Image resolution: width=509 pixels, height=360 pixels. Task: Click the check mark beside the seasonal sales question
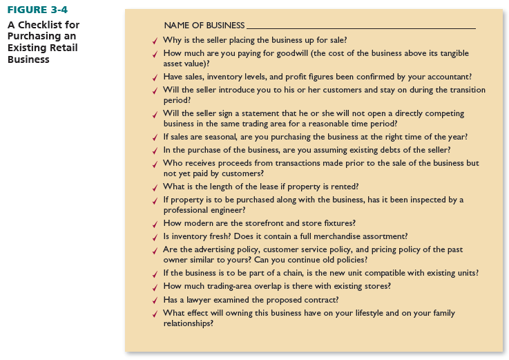click(x=155, y=138)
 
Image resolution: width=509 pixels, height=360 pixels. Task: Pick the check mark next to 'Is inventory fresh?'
click(x=155, y=237)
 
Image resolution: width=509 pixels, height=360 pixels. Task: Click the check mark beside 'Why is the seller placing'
click(x=155, y=41)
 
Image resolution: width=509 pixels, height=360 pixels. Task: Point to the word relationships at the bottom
click(x=188, y=323)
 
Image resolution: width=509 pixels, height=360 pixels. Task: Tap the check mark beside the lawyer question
click(x=155, y=301)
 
